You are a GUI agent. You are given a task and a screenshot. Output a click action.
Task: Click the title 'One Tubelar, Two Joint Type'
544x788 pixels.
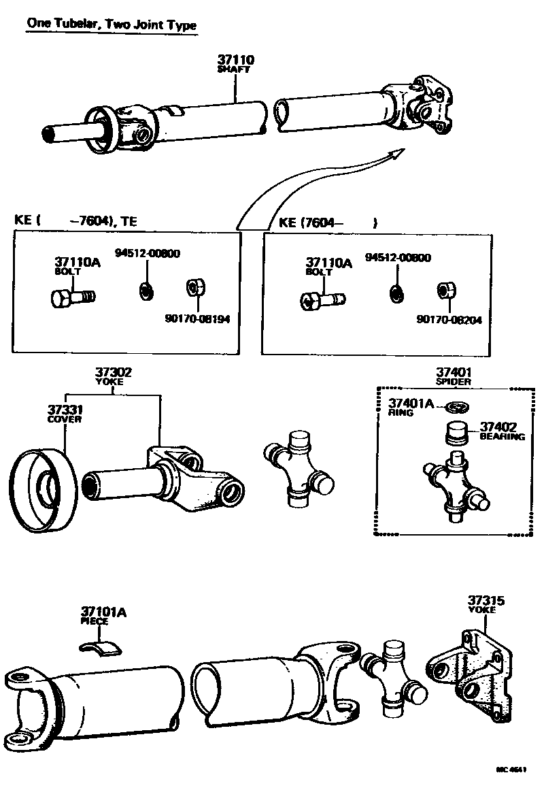[x=112, y=24]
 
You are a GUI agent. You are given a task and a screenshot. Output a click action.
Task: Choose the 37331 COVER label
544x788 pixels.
[x=65, y=414]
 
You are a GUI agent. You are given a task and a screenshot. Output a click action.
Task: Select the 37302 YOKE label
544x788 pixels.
[x=113, y=376]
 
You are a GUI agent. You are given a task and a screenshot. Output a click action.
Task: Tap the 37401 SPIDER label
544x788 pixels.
[x=454, y=376]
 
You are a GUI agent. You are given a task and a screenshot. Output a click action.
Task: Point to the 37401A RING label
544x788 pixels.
[x=410, y=407]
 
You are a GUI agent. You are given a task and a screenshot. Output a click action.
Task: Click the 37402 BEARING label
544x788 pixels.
[x=502, y=431]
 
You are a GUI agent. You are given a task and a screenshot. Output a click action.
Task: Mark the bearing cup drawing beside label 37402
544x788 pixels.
[x=456, y=433]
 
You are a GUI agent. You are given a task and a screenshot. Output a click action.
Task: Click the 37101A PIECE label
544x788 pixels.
[x=103, y=615]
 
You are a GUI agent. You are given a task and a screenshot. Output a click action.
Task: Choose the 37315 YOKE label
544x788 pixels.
[x=485, y=604]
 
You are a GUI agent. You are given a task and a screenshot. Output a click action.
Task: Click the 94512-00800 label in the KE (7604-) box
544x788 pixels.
[x=398, y=258]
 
